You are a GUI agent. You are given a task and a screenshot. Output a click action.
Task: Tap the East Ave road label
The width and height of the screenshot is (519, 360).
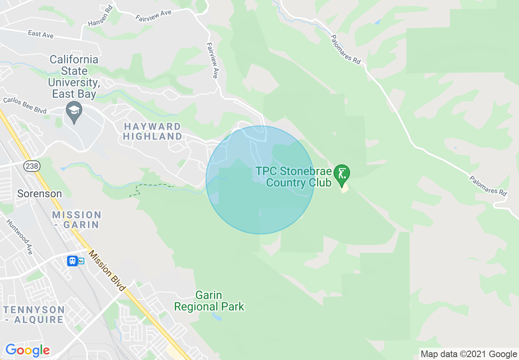pyautogui.click(x=41, y=34)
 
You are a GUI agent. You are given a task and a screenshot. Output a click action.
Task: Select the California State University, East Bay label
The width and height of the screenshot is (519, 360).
pyautogui.click(x=74, y=77)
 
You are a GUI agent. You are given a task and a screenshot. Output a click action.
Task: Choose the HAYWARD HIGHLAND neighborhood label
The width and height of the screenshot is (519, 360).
pyautogui.click(x=153, y=131)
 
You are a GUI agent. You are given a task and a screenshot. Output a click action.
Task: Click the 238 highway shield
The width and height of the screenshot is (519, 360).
pyautogui.click(x=31, y=166)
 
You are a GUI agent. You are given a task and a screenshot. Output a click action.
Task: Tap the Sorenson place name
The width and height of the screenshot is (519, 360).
pyautogui.click(x=39, y=193)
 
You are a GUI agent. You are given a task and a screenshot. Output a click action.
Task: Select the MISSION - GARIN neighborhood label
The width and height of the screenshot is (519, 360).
pyautogui.click(x=77, y=220)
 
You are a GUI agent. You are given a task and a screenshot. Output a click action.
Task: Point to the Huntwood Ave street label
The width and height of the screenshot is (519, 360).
pyautogui.click(x=19, y=236)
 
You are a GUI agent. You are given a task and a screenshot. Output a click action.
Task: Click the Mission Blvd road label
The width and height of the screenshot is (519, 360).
pyautogui.click(x=107, y=271)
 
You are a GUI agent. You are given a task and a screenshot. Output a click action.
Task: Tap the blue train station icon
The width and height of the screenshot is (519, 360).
pyautogui.click(x=72, y=261)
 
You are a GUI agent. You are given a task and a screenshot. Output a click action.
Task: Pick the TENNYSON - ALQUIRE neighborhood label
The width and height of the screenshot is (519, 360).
pyautogui.click(x=34, y=315)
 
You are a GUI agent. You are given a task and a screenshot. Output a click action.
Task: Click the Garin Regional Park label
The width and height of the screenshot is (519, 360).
pyautogui.click(x=209, y=301)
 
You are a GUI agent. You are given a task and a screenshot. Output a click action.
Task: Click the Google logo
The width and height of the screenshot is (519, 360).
pyautogui.click(x=27, y=351)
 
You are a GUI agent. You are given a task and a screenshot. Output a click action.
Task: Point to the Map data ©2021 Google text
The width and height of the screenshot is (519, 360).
pyautogui.click(x=469, y=354)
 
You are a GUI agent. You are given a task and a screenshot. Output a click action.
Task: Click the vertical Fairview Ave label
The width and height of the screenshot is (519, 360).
pyautogui.click(x=212, y=61)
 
